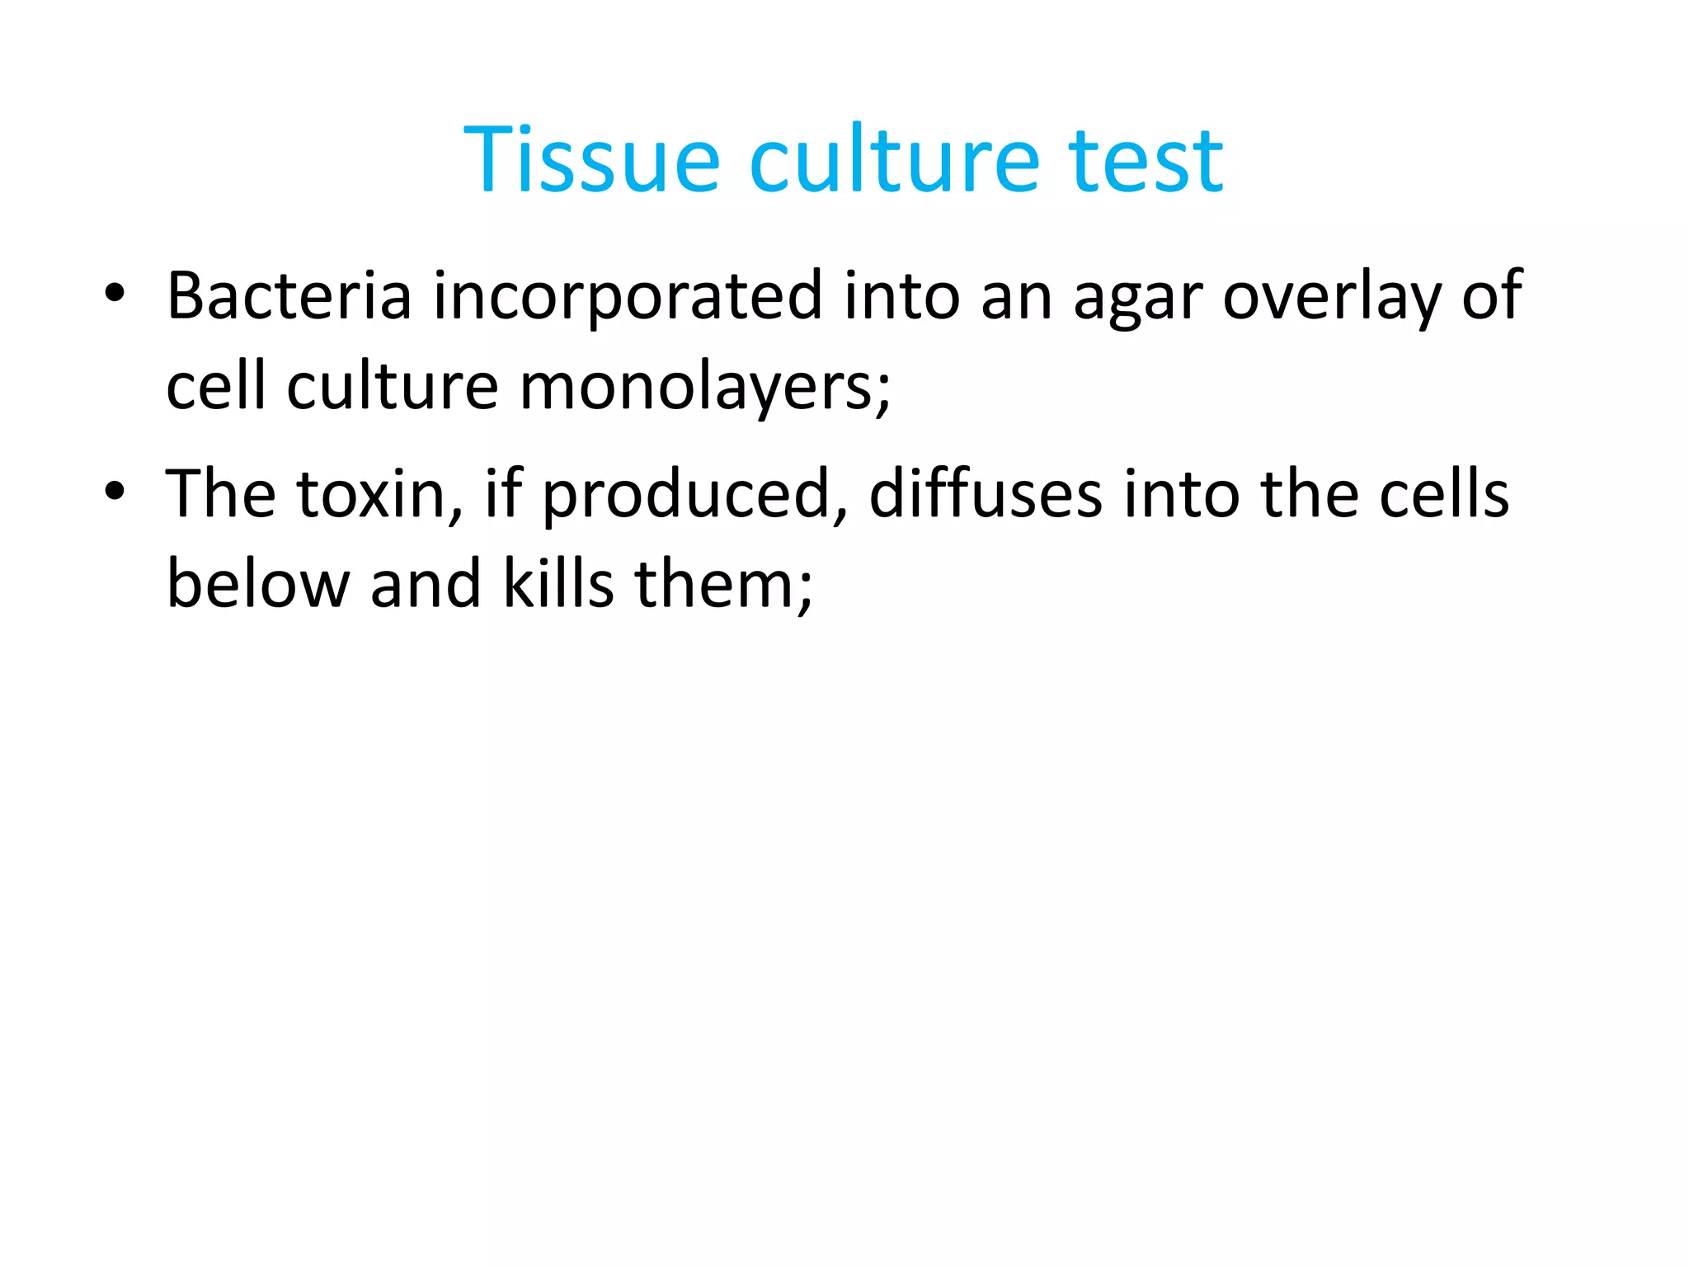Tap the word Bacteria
click(289, 296)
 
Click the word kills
click(558, 584)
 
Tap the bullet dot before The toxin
click(115, 492)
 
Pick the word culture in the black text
click(393, 387)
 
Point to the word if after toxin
click(503, 493)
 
